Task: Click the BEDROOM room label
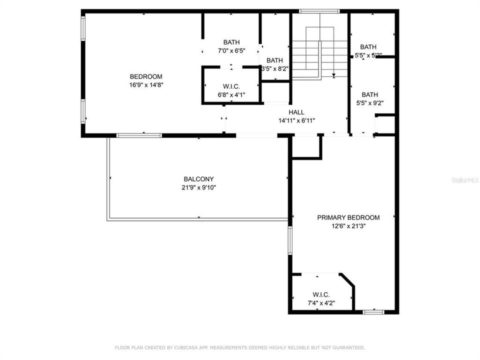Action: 146,76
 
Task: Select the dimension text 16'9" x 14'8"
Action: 146,85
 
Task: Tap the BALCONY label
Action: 198,179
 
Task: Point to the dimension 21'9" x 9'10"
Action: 198,187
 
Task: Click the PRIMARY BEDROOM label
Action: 348,217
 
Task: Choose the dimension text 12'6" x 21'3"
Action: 348,226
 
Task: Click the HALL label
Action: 296,112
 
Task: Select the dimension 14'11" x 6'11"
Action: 296,120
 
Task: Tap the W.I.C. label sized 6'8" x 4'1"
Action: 231,86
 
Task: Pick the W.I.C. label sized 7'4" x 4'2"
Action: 320,294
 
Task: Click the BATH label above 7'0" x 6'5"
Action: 231,42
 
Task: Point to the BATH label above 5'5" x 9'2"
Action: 370,94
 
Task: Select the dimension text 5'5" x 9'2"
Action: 370,103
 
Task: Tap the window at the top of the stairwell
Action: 319,11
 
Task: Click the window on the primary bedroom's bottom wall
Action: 373,312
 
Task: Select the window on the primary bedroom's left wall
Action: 290,240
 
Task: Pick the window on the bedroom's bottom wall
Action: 139,135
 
